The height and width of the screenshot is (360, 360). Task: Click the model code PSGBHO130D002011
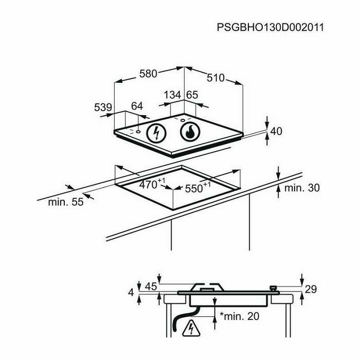[x=269, y=27]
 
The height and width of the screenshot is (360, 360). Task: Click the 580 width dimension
[x=148, y=74]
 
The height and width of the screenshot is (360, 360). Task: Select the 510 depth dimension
[x=215, y=78]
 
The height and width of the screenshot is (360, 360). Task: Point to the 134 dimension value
[x=172, y=95]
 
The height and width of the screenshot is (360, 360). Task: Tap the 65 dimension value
[x=192, y=95]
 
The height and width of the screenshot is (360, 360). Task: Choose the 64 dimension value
[x=136, y=106]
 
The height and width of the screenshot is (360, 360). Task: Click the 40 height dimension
[x=276, y=131]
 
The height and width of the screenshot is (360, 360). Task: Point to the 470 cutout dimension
[x=152, y=183]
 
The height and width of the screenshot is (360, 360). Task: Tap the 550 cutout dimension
[x=197, y=188]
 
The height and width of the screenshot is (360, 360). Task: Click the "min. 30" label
[x=302, y=188]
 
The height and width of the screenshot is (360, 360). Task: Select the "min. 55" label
[x=65, y=202]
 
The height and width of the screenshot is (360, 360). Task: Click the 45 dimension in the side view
[x=151, y=287]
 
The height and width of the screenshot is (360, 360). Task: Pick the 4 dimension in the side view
[x=131, y=293]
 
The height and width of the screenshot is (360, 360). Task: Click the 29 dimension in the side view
[x=311, y=290]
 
